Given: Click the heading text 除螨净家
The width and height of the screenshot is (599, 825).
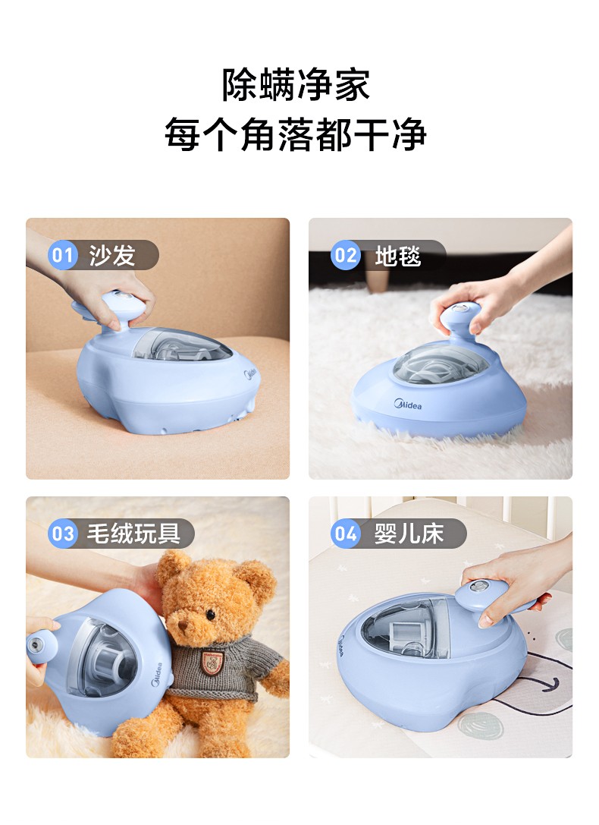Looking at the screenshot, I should pyautogui.click(x=296, y=85).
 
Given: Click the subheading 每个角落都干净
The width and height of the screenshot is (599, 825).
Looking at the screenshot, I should pyautogui.click(x=296, y=135).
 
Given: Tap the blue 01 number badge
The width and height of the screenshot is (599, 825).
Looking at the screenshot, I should pyautogui.click(x=62, y=255).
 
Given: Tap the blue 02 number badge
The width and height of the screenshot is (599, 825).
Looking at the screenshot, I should pyautogui.click(x=345, y=255).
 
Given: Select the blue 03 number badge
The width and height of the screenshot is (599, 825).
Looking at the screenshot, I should pyautogui.click(x=62, y=534).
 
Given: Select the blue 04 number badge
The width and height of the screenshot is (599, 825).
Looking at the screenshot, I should pyautogui.click(x=345, y=534).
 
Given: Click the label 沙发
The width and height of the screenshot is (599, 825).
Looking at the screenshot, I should pyautogui.click(x=111, y=255).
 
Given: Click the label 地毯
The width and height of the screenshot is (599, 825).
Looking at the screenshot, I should pyautogui.click(x=397, y=255).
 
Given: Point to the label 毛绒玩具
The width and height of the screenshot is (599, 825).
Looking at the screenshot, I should pyautogui.click(x=133, y=534).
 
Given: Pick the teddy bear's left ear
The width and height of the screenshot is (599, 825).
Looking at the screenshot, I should pyautogui.click(x=173, y=565).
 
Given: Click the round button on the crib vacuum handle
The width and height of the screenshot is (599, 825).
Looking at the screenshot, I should pyautogui.click(x=479, y=589).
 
